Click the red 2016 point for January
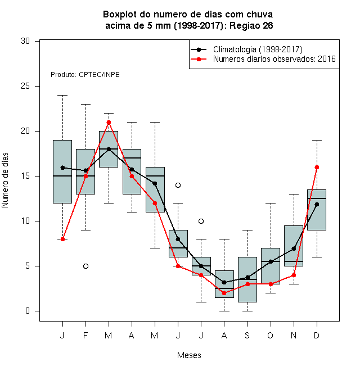point(62,239)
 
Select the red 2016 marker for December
point(317,168)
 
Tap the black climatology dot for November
point(294,248)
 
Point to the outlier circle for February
point(85,266)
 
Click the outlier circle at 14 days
point(178,185)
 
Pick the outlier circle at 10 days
point(201,221)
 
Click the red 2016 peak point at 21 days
point(109,123)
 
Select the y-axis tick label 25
point(25,86)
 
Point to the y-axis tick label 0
point(28,311)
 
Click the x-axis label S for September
point(247,335)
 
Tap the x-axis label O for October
point(271,335)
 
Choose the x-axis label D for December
point(317,335)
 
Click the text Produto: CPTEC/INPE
point(85,75)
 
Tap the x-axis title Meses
point(189,355)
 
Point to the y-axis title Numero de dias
point(5,180)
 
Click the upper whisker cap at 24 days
point(62,96)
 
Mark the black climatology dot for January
point(62,168)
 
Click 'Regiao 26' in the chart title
point(251,25)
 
